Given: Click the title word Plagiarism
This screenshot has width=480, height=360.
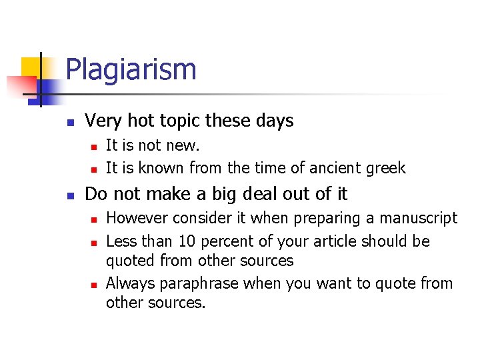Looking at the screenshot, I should [131, 70].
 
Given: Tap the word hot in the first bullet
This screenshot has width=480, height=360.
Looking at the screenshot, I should [140, 121].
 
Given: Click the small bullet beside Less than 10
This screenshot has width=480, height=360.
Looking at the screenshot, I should [94, 242].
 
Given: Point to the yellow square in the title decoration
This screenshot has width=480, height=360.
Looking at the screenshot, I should [31, 67].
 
